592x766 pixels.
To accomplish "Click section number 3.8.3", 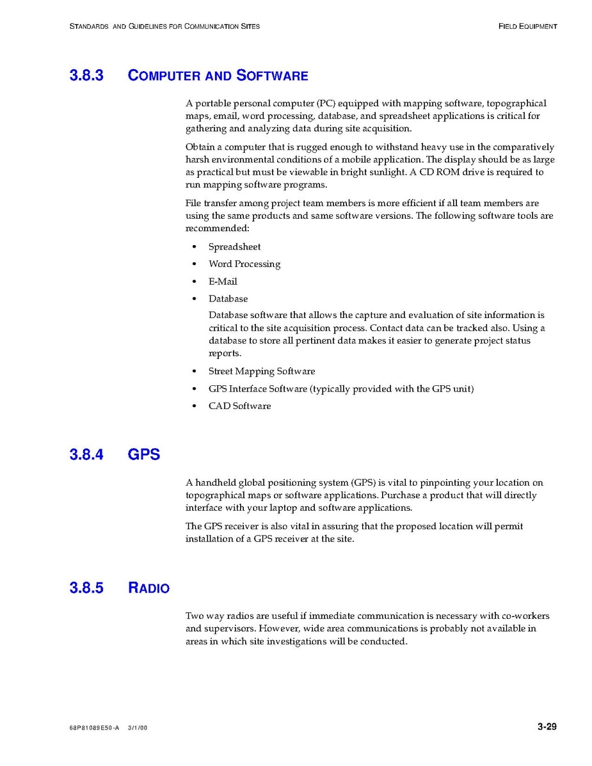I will coord(86,76).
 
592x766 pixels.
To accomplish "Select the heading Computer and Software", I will coord(218,76).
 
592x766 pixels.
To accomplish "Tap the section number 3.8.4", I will coord(86,455).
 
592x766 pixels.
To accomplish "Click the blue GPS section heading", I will coord(144,455).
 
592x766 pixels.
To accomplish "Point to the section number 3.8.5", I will coord(86,587).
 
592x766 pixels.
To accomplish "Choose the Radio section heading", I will coord(148,587).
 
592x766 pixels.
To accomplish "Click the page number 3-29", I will coord(547,726).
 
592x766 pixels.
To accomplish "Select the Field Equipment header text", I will coord(527,26).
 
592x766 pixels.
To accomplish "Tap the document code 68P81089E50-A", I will coord(94,728).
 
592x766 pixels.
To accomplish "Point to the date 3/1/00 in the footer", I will coord(138,728).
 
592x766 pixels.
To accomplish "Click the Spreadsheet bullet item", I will coord(234,247).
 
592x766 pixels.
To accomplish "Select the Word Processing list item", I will coord(244,264).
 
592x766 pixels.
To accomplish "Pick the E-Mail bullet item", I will coord(223,282).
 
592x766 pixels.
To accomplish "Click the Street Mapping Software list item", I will coord(261,371).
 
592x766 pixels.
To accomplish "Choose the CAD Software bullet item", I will coord(239,406).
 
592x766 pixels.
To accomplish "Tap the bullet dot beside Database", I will coord(194,299).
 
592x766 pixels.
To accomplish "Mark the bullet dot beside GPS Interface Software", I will coord(194,389).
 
